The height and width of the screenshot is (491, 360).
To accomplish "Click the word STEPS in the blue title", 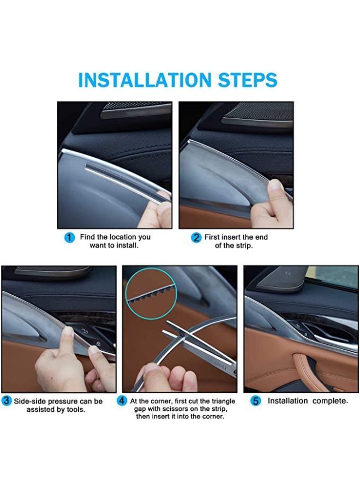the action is point(248,80).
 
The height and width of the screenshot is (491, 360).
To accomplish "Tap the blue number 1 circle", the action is point(69,238).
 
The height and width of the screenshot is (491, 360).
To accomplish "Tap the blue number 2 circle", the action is point(196,238).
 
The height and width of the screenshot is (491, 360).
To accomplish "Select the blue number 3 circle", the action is point(7,401).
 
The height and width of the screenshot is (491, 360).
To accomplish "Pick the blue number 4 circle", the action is point(122,401).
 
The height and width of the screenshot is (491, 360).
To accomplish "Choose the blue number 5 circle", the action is point(256,401).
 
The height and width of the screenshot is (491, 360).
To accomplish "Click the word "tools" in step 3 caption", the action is point(76,410).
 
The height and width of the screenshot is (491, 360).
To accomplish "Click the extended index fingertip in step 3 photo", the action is point(68,331).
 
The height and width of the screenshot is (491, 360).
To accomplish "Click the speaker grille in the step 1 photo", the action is point(138,106).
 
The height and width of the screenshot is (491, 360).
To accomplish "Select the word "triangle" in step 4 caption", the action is point(224,401).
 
